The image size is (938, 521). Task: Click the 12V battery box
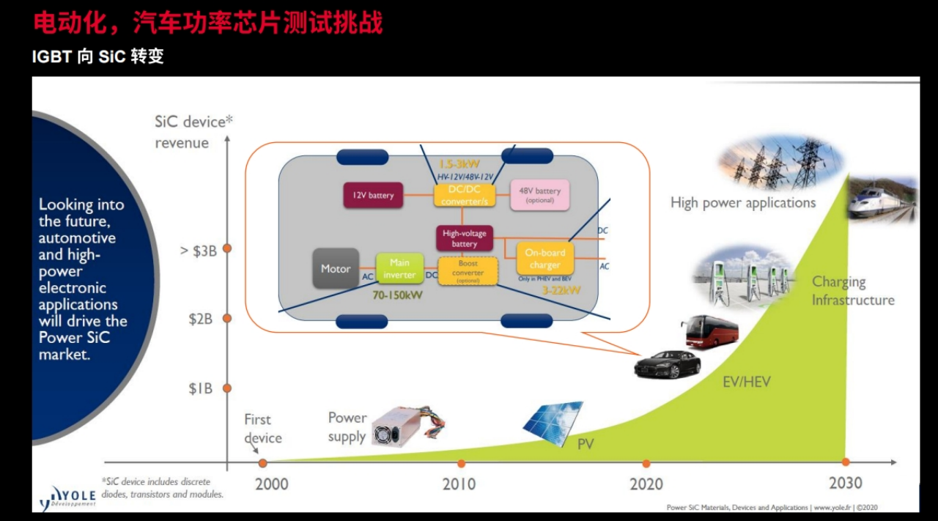pos(373,195)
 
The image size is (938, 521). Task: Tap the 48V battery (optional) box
pos(539,195)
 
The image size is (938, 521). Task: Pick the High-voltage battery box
pos(464,238)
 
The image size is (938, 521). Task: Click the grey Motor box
pos(336,268)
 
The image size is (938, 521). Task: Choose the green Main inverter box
pos(399,268)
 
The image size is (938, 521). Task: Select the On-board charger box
pos(544,259)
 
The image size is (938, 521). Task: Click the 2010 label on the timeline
pos(459,484)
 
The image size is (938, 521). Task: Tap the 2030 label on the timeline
pos(845,482)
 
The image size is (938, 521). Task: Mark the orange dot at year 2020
pos(646,463)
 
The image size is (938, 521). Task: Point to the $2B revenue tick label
pos(200,318)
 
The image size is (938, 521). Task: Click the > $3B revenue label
pos(198,250)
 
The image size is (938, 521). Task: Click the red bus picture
pos(709,332)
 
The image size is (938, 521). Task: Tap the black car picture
pos(667,363)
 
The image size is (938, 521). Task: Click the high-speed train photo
pos(882,199)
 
